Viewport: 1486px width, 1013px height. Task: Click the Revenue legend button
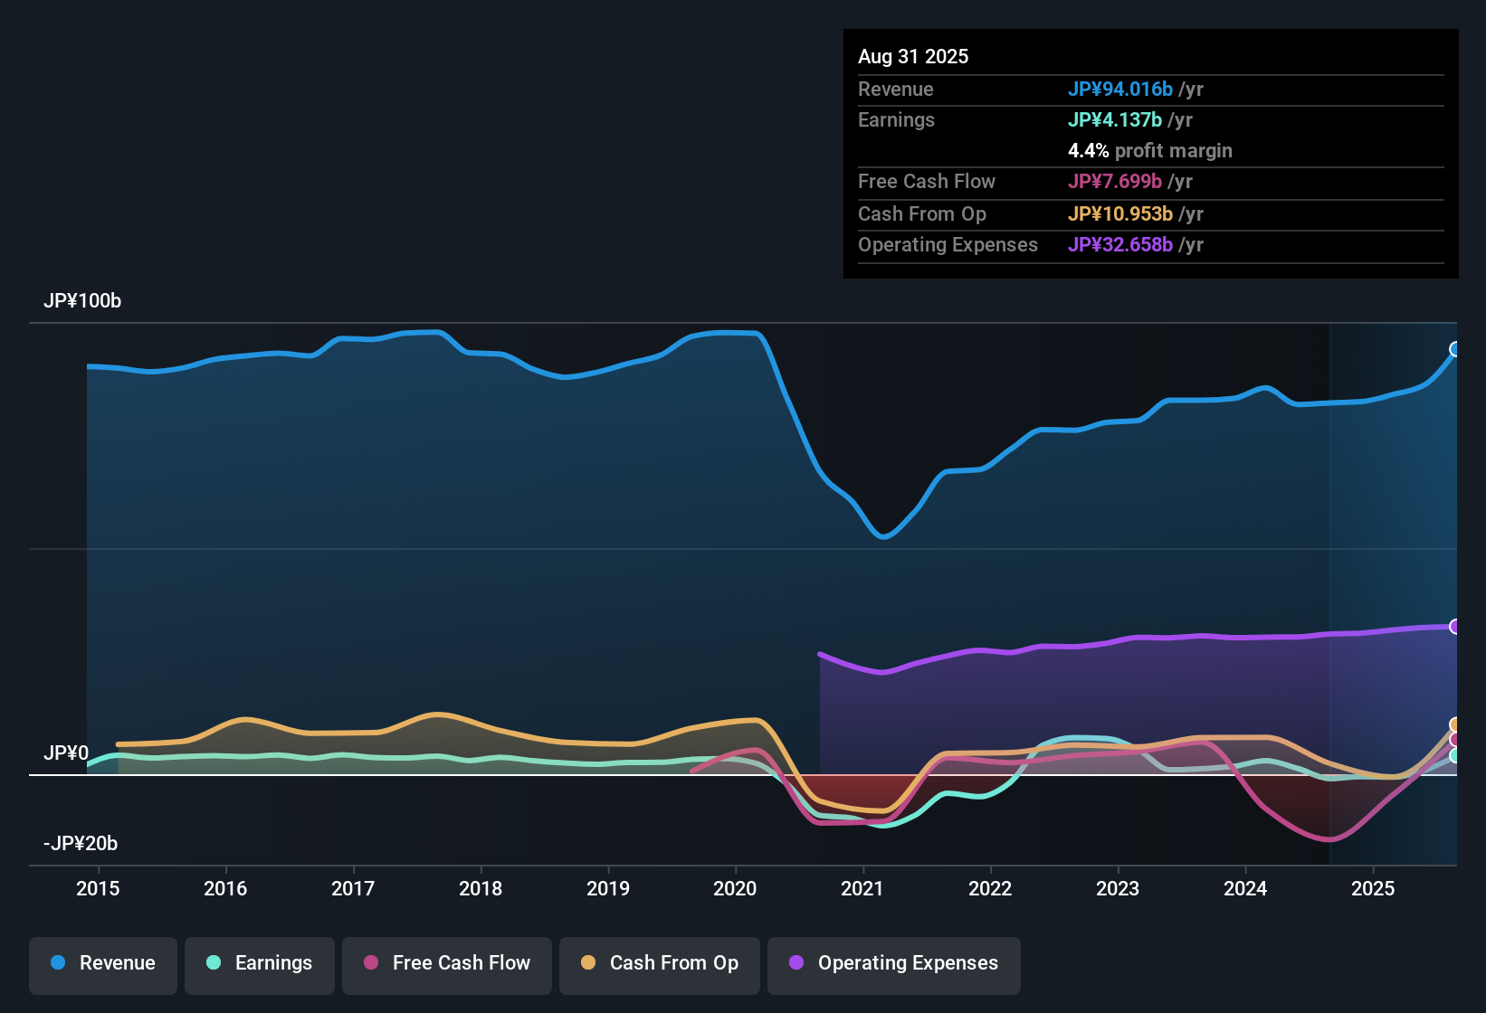pyautogui.click(x=103, y=963)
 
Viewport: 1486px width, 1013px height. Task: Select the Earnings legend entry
pyautogui.click(x=260, y=963)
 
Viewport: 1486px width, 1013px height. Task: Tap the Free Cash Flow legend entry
pyautogui.click(x=447, y=963)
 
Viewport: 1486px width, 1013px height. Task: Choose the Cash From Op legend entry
pyautogui.click(x=660, y=963)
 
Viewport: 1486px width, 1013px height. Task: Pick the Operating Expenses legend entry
pyautogui.click(x=894, y=963)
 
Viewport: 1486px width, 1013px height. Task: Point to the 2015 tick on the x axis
pyautogui.click(x=98, y=888)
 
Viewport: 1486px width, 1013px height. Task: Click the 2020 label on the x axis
pyautogui.click(x=735, y=888)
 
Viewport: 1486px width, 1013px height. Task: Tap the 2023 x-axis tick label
pyautogui.click(x=1118, y=888)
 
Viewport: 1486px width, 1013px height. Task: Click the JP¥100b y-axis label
pyautogui.click(x=82, y=301)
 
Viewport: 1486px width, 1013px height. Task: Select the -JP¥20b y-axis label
pyautogui.click(x=81, y=844)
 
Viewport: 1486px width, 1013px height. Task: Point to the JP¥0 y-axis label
pyautogui.click(x=66, y=753)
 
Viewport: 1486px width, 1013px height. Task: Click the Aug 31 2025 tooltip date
pyautogui.click(x=913, y=57)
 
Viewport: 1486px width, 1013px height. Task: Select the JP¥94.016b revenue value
pyautogui.click(x=1119, y=90)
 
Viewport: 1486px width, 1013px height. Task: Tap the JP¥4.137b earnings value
pyautogui.click(x=1114, y=120)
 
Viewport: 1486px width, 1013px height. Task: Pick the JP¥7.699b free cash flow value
pyautogui.click(x=1114, y=182)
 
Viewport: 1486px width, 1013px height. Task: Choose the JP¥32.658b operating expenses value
pyautogui.click(x=1119, y=245)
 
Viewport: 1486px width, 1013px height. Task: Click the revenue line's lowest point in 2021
pyautogui.click(x=883, y=537)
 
